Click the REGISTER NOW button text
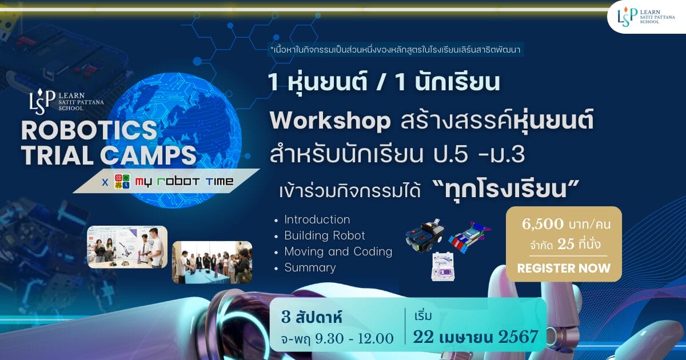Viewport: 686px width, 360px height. [564, 268]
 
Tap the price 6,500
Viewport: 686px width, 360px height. [543, 224]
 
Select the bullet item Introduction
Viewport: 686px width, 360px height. [317, 219]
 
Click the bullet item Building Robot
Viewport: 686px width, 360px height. [325, 235]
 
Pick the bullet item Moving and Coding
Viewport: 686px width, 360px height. [338, 251]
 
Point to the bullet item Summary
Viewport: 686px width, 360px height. [310, 267]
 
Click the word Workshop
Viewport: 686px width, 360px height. [330, 121]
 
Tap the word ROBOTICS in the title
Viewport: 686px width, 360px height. [89, 130]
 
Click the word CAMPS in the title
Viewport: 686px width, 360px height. [148, 155]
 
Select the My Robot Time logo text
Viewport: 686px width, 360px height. [184, 182]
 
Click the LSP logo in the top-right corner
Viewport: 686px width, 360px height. [645, 17]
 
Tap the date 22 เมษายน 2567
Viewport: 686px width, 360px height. [475, 337]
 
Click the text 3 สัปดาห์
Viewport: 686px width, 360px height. [311, 318]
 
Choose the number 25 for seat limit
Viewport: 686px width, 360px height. [565, 245]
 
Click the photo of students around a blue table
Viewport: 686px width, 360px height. [212, 262]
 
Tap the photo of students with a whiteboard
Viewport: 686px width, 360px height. [127, 247]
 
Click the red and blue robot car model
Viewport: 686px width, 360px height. [469, 237]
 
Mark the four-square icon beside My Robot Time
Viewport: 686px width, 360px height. [122, 182]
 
